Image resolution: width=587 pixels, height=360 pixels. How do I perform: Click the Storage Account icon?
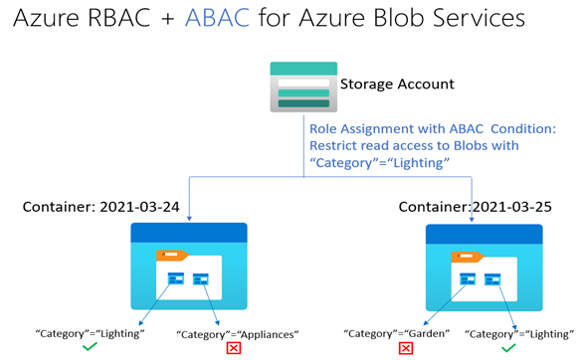(x=302, y=88)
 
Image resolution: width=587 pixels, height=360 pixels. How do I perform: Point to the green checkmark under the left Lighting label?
(x=91, y=347)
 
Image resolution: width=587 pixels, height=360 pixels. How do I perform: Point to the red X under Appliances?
(x=234, y=348)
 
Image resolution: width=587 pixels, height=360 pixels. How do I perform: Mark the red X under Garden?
(x=406, y=348)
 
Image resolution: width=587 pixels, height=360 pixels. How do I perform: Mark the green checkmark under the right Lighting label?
(x=507, y=347)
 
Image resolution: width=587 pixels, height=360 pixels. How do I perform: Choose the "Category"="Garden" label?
(x=395, y=332)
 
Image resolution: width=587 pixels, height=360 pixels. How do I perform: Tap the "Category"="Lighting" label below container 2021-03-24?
(x=90, y=332)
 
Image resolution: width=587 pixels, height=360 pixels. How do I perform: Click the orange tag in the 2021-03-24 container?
(x=171, y=257)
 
